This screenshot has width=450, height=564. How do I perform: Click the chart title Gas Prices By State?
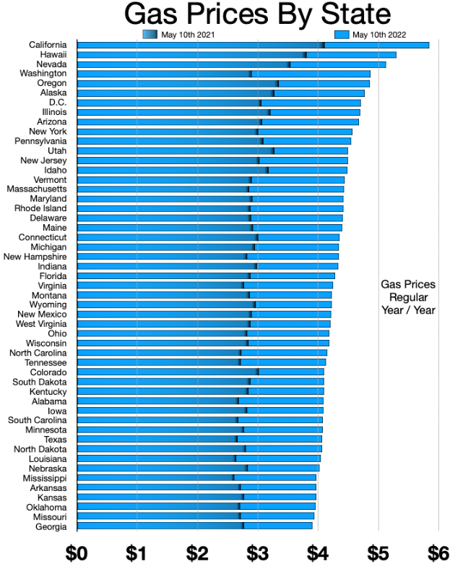[x=257, y=14]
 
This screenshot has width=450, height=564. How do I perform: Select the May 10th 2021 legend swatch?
[x=150, y=35]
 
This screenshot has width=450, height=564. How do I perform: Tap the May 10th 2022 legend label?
[x=379, y=35]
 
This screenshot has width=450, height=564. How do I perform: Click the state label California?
[x=48, y=45]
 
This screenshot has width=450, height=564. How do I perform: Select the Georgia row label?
[x=51, y=526]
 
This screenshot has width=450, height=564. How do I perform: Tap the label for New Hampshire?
[x=35, y=257]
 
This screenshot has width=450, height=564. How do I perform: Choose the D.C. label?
[x=58, y=103]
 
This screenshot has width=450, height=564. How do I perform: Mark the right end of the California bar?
[x=429, y=45]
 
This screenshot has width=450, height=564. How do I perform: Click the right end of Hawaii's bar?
[x=396, y=55]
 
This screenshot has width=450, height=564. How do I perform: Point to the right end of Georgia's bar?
[x=312, y=526]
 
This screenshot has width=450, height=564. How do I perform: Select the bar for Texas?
[x=199, y=439]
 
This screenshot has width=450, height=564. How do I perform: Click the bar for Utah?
[x=212, y=150]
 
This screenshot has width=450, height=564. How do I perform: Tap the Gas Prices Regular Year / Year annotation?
[x=408, y=297]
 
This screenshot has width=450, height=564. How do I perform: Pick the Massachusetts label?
[x=37, y=189]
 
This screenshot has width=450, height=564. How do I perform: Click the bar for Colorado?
[x=201, y=372]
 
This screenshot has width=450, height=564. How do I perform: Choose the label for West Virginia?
[x=41, y=324]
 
